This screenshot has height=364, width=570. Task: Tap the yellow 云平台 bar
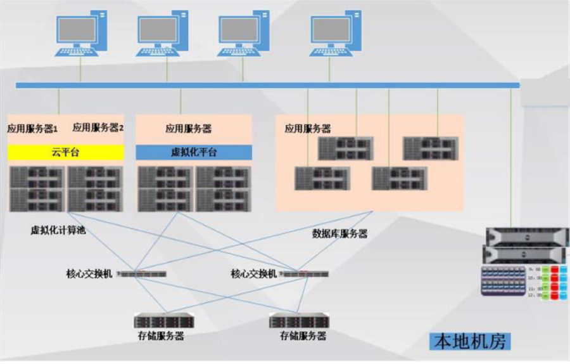65,152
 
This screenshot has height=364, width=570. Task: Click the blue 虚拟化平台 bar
194,152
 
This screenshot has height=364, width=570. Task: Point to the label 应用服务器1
33,128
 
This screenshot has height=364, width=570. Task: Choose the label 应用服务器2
98,127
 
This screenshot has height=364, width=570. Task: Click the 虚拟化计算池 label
58,230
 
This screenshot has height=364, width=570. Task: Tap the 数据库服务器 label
339,233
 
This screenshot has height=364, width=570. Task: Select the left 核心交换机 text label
89,274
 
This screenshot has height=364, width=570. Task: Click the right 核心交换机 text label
253,274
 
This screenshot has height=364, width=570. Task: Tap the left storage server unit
164,320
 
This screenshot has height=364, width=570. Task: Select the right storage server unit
300,320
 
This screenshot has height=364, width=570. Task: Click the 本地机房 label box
469,342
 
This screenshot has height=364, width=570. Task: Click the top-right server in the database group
431,148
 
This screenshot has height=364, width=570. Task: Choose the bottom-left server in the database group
322,178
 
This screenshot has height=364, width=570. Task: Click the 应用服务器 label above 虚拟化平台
189,129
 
